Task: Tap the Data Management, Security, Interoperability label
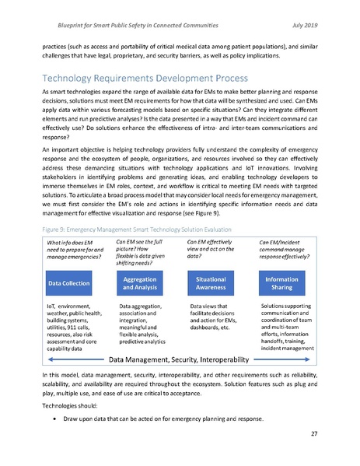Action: pos(178,360)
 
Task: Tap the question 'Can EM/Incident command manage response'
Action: pos(285,230)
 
